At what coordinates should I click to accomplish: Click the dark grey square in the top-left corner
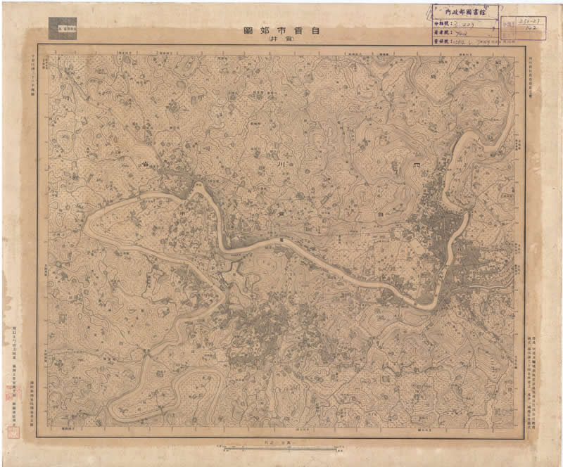point(63,29)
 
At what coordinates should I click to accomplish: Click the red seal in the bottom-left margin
point(12,395)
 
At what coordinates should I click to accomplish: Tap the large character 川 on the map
point(279,165)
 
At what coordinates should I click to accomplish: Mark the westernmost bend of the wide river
point(87,226)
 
